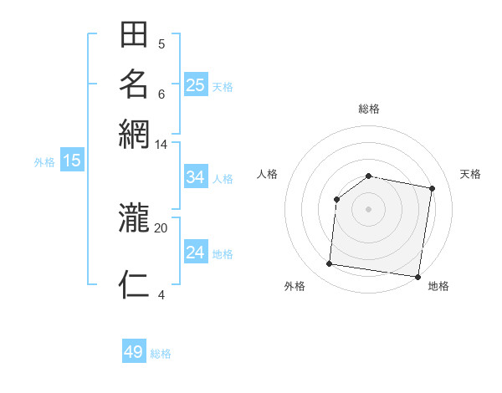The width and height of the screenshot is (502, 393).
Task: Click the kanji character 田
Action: (x=134, y=36)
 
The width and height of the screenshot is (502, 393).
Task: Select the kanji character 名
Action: (x=134, y=84)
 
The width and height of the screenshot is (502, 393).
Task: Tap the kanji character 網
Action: (x=134, y=133)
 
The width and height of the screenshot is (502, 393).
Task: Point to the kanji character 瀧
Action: (x=134, y=219)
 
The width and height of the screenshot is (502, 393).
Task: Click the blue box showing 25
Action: (x=196, y=85)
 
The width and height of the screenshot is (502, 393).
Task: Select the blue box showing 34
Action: (x=196, y=177)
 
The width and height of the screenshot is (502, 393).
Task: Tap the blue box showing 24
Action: (x=196, y=253)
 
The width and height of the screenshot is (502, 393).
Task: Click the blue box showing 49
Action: (x=134, y=352)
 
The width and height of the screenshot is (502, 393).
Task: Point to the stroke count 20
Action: (x=161, y=227)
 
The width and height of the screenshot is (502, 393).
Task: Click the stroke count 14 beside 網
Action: (x=161, y=144)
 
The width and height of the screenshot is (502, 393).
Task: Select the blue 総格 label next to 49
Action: (x=161, y=354)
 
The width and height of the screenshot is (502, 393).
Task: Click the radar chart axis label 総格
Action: (x=368, y=109)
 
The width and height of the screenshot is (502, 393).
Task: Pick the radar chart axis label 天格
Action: (x=470, y=174)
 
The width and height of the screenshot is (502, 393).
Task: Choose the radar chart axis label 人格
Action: (x=267, y=174)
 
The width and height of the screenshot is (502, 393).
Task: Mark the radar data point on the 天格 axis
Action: (x=433, y=188)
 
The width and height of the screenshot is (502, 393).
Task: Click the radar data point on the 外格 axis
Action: (x=329, y=264)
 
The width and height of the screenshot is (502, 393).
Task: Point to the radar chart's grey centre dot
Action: (x=368, y=209)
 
